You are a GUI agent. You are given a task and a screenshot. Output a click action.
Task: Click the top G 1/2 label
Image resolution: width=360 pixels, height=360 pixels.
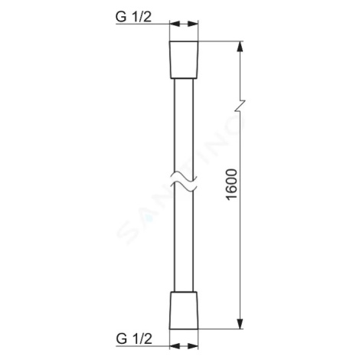(x=133, y=17)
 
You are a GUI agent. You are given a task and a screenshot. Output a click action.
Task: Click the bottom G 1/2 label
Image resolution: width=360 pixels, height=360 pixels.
(x=134, y=339)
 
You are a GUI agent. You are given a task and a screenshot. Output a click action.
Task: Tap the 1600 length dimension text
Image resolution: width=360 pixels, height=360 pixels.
(x=232, y=185)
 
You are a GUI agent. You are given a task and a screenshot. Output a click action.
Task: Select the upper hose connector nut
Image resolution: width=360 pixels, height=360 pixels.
(x=184, y=60)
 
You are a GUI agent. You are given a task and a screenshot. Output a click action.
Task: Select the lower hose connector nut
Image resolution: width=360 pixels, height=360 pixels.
(x=184, y=310)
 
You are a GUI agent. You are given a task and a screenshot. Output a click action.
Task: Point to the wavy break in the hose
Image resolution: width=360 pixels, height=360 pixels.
(x=184, y=181)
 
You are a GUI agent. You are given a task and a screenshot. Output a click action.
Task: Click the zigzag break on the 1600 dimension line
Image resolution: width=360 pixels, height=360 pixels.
(x=240, y=106)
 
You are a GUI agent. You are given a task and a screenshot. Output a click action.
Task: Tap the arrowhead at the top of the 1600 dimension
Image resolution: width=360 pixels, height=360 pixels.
(x=240, y=47)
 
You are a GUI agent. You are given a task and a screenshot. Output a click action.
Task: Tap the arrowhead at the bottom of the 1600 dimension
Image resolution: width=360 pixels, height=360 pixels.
(x=240, y=324)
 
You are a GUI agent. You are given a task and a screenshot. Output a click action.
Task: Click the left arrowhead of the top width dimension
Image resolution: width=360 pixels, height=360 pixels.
(x=175, y=24)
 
